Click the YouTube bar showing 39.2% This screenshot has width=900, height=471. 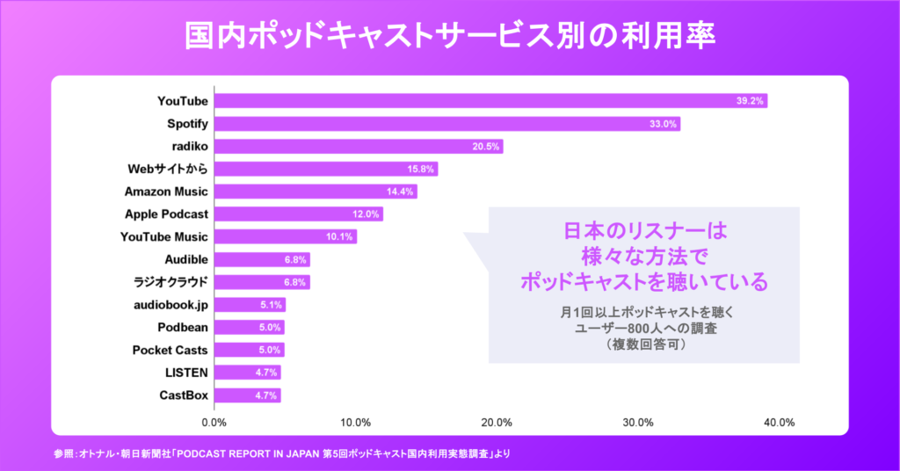[x=490, y=101]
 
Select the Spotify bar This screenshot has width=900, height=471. [x=447, y=124]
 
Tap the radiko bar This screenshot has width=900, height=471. [x=359, y=146]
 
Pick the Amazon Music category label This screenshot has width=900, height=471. [x=166, y=192]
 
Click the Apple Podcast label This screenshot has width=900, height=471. [x=166, y=214]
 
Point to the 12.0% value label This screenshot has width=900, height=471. [x=366, y=214]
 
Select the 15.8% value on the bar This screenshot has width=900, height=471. [x=419, y=169]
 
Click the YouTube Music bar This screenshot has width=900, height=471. [x=286, y=236]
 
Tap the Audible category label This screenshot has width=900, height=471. [x=186, y=259]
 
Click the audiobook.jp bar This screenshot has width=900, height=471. [x=250, y=305]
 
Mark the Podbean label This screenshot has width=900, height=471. [x=183, y=327]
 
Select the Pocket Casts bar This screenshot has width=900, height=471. [x=250, y=350]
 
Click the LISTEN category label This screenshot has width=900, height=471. [x=186, y=373]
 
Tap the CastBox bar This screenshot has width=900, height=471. [x=248, y=395]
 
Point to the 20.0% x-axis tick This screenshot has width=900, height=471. [x=497, y=422]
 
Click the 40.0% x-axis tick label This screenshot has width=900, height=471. [x=780, y=422]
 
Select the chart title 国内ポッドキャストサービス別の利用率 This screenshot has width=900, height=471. [x=450, y=36]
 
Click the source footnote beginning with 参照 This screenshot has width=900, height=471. [x=281, y=453]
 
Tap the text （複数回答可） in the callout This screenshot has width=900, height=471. [x=644, y=345]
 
